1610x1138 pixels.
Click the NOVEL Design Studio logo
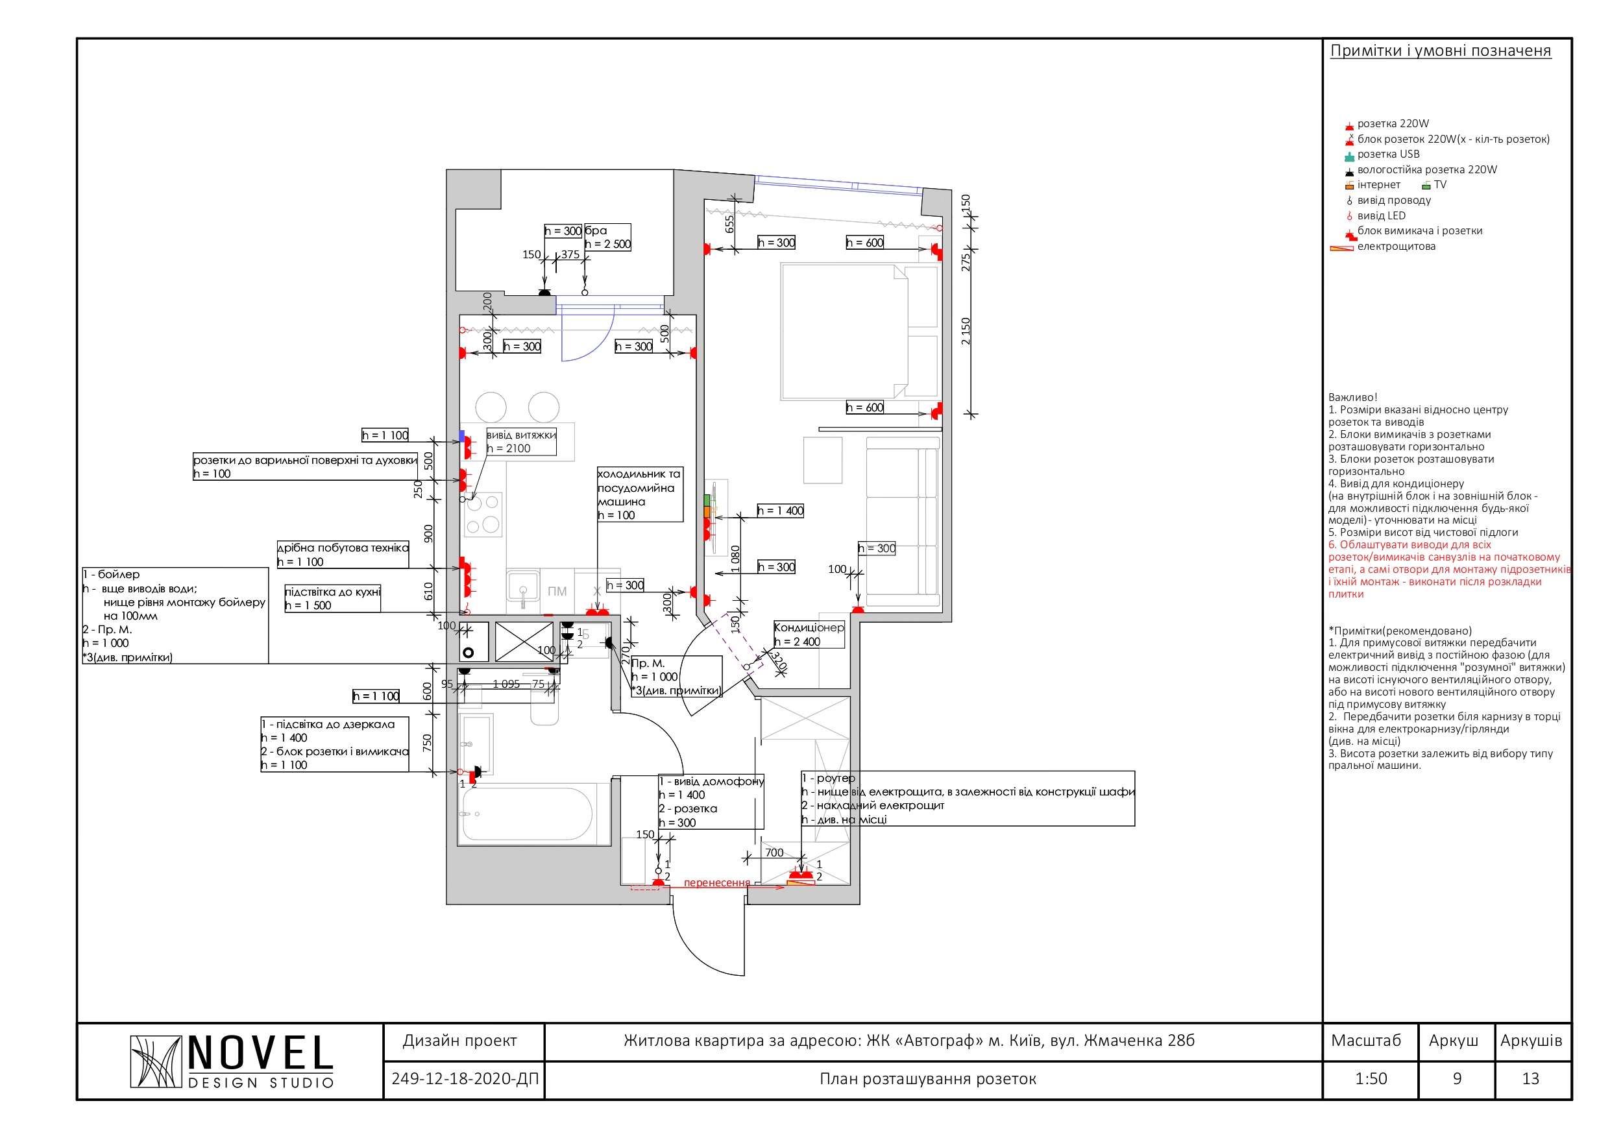click(232, 1061)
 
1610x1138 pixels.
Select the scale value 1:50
click(1371, 1078)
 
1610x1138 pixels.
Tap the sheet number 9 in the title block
click(1457, 1078)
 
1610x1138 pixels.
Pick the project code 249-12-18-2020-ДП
click(464, 1078)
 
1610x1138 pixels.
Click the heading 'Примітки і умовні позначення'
click(1441, 51)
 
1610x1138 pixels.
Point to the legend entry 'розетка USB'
click(1387, 154)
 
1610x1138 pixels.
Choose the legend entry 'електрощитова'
click(1395, 246)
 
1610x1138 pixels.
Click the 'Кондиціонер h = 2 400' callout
click(809, 635)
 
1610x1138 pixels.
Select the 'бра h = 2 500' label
click(607, 237)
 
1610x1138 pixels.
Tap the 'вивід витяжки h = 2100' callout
click(521, 442)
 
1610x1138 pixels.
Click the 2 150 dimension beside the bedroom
click(966, 331)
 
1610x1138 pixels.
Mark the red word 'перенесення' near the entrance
click(716, 883)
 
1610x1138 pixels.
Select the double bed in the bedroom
click(860, 332)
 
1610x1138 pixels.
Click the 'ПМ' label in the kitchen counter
click(557, 592)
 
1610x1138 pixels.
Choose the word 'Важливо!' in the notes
click(1352, 398)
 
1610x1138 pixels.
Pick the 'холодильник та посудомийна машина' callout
click(639, 494)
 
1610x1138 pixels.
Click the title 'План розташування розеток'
click(928, 1079)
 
